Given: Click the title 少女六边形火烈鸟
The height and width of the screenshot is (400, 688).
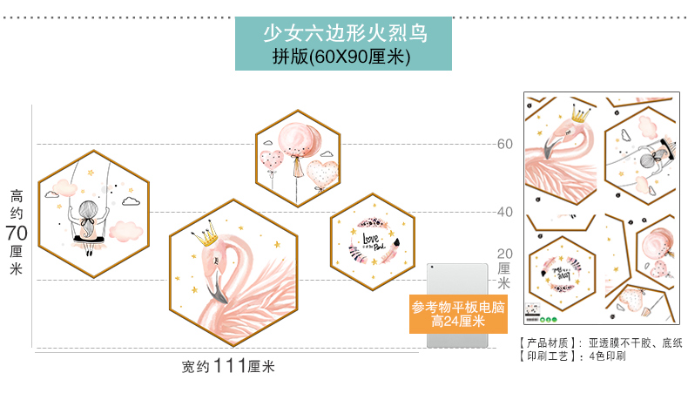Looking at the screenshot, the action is [344, 34].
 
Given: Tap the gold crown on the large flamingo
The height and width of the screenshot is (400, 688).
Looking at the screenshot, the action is [205, 233].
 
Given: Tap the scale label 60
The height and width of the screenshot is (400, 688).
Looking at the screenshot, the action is [505, 144].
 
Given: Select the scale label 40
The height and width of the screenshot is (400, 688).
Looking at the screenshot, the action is [505, 212].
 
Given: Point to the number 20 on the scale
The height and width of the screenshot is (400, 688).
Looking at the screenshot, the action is [505, 253].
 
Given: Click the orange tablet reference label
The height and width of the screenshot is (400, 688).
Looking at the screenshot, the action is [458, 315].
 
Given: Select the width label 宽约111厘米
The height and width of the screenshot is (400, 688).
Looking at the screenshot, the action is [228, 367].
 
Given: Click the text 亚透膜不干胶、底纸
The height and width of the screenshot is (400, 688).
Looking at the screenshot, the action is [634, 342].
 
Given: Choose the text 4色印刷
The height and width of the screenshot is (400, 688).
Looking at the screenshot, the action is [607, 356].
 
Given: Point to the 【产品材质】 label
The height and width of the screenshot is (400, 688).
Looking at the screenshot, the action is [550, 342].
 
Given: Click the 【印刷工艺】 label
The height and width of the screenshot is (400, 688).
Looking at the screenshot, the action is [550, 356].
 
